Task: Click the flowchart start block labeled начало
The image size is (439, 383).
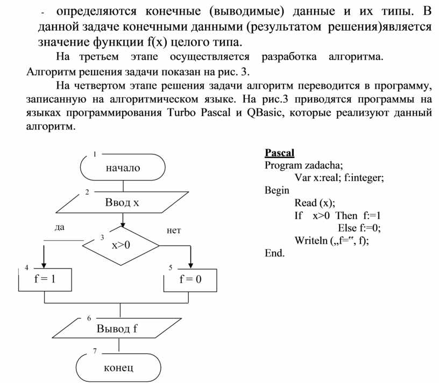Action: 123,168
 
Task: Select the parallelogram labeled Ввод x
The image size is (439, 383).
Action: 122,203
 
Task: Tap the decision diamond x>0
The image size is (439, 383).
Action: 121,245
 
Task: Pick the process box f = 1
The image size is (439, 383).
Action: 45,279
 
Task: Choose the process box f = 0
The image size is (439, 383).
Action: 190,279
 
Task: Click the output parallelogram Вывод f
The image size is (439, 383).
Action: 118,329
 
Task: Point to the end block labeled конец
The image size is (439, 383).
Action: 118,367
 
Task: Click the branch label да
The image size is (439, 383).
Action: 59,227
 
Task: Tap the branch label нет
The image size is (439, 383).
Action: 174,230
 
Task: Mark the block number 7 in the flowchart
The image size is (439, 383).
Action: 95,351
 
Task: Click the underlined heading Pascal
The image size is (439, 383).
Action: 280,152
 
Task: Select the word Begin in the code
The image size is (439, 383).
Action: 277,190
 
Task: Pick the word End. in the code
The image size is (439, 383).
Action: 274,253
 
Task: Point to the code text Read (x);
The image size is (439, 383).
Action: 315,203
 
